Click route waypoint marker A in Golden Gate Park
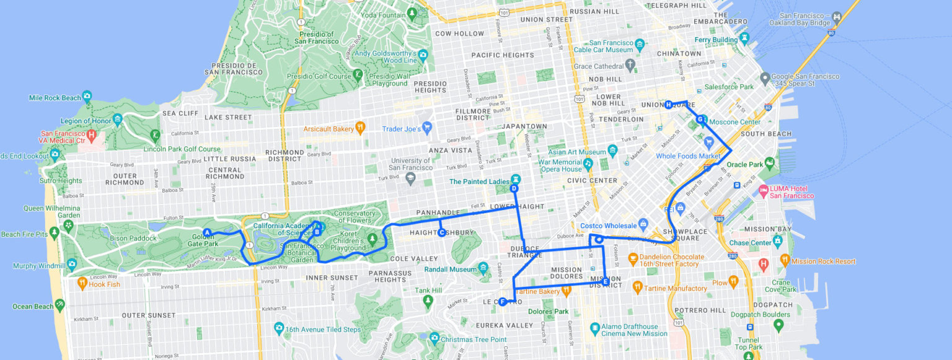(x=208, y=232)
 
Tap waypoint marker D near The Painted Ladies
(x=514, y=188)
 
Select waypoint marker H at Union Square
(x=669, y=105)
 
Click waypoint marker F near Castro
(x=503, y=302)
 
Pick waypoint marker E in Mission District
(x=606, y=281)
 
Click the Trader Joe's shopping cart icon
(x=426, y=128)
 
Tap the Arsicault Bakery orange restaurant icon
(x=359, y=128)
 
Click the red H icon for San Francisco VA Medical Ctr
(x=92, y=134)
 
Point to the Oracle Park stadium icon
(x=770, y=164)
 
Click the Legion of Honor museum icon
(x=117, y=120)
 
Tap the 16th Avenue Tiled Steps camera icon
(x=278, y=328)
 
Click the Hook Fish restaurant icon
(x=82, y=283)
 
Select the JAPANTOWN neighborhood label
(x=526, y=126)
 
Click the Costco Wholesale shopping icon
(x=643, y=224)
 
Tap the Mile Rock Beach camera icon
(x=86, y=97)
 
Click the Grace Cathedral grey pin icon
(x=630, y=64)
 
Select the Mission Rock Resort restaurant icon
(x=785, y=260)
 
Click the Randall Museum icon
(x=483, y=268)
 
